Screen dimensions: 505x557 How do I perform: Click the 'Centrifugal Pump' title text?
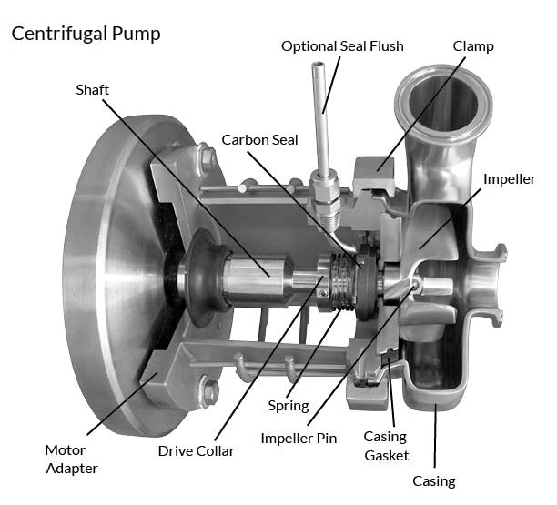(x=86, y=35)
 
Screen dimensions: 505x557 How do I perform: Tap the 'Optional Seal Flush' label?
(x=342, y=46)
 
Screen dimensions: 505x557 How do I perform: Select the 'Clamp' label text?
(x=472, y=46)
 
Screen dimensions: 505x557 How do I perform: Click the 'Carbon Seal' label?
(x=258, y=140)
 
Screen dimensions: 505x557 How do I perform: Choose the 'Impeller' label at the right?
(x=509, y=178)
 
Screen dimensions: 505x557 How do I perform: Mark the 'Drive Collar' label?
(x=196, y=450)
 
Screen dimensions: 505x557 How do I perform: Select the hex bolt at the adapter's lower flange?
(x=210, y=393)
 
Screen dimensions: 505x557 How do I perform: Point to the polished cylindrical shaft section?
(x=254, y=274)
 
